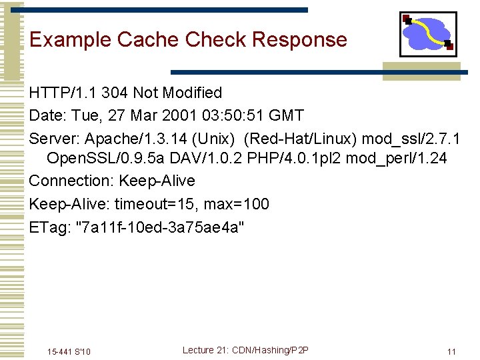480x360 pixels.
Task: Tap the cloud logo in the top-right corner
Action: point(427,34)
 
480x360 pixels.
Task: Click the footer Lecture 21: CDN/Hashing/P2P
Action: point(246,350)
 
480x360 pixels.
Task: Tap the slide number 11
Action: point(451,351)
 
